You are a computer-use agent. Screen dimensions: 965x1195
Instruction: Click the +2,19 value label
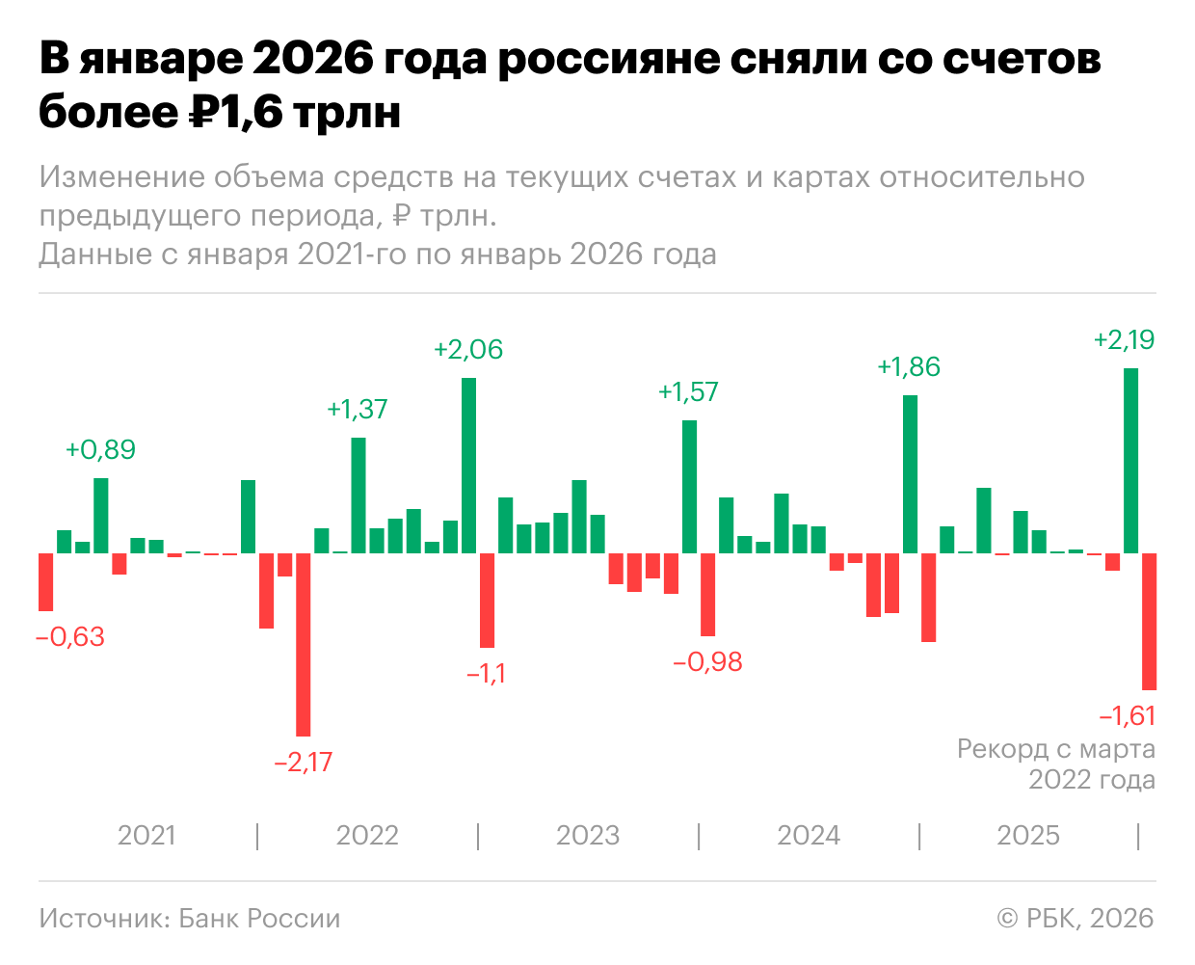click(x=1124, y=340)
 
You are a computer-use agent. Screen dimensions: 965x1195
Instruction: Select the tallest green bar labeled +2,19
click(x=1131, y=460)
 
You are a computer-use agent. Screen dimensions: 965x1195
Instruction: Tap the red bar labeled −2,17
click(x=304, y=644)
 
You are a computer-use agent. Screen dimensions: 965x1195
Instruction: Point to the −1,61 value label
click(x=1127, y=716)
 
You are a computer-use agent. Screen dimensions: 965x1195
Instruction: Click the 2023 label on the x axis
click(x=588, y=836)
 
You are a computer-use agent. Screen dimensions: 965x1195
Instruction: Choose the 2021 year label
click(x=146, y=836)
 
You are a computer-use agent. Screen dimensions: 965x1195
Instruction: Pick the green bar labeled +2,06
click(x=469, y=465)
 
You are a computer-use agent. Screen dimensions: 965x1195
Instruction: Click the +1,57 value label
click(x=688, y=392)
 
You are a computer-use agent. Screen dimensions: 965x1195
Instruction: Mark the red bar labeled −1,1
click(x=488, y=600)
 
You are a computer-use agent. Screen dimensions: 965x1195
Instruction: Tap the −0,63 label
click(x=70, y=637)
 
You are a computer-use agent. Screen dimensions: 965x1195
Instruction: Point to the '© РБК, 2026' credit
click(x=1075, y=919)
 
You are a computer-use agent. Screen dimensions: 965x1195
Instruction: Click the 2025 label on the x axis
click(x=1028, y=836)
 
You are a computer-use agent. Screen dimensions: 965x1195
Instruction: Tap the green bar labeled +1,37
click(x=358, y=495)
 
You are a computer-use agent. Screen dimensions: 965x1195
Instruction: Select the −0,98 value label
click(x=708, y=662)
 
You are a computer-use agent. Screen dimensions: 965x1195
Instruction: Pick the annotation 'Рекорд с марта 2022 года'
click(x=1056, y=764)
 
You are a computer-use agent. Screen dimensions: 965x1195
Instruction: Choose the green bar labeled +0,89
click(x=101, y=515)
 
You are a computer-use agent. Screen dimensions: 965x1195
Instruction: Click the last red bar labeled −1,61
click(x=1150, y=621)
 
